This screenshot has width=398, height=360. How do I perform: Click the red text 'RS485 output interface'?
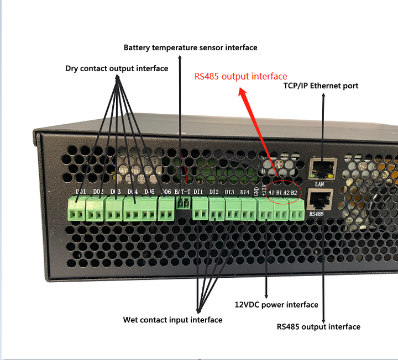click(240, 77)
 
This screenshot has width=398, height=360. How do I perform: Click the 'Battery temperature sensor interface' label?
click(190, 48)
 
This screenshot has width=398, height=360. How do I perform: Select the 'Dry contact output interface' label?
click(116, 68)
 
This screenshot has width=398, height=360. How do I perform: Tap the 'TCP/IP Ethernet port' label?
click(321, 86)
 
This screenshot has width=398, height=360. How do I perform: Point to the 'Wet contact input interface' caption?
click(172, 320)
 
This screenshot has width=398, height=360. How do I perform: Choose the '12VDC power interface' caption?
click(276, 305)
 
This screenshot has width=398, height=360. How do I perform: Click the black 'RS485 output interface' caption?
click(318, 327)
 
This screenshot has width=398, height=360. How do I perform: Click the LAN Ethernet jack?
click(322, 167)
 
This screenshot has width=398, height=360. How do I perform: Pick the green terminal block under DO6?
click(166, 209)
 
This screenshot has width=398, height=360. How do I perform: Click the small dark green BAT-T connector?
click(182, 204)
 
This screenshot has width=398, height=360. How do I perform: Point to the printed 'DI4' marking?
click(245, 192)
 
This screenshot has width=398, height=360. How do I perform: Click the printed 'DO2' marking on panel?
click(97, 192)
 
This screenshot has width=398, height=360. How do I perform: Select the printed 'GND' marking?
click(256, 191)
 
